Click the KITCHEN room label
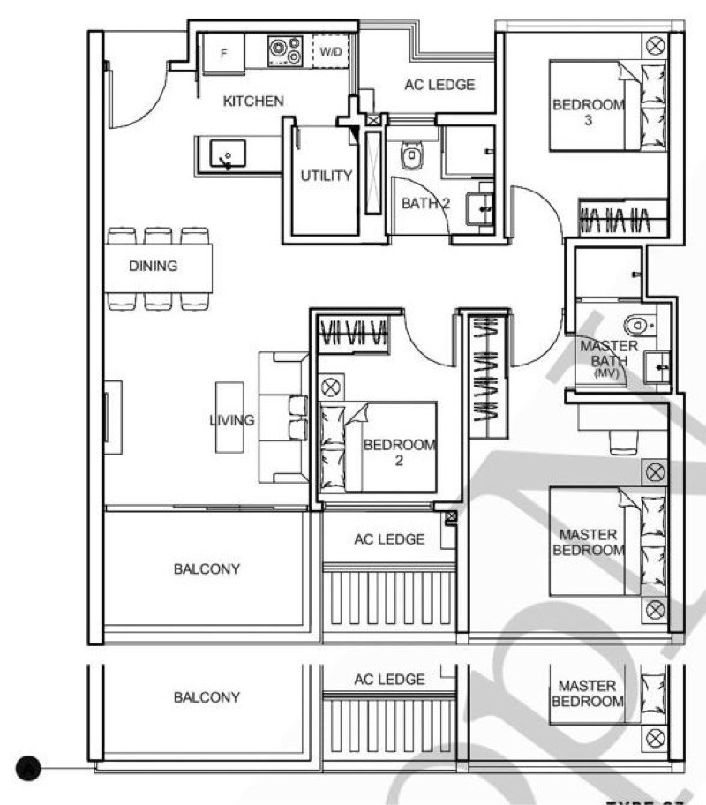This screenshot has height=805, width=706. pos(253,102)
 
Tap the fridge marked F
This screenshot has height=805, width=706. pos(224,53)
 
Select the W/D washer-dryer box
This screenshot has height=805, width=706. pos(331,52)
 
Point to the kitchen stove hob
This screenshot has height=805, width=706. pos(286,51)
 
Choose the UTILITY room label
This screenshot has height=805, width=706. pos(326,176)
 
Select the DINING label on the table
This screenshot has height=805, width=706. pos(153,266)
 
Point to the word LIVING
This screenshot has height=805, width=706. pos(232,420)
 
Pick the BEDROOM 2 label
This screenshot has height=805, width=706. pos(399,452)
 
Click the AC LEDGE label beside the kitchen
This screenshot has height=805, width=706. pos(439,86)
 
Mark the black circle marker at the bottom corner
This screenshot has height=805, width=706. pos(32,769)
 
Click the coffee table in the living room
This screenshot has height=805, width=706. pos(229,419)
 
